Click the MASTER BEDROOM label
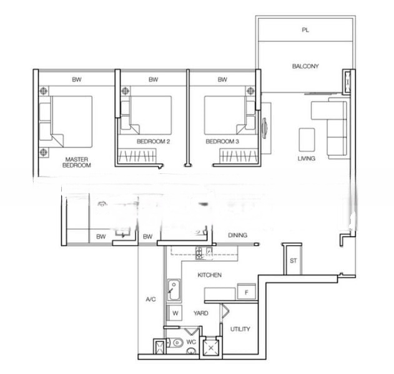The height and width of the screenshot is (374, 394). tap(77, 162)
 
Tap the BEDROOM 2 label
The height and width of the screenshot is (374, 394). tap(153, 141)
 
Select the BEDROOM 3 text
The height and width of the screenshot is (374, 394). tap(222, 141)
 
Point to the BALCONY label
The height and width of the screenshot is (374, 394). tap(305, 66)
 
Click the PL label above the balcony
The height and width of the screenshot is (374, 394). tap(305, 30)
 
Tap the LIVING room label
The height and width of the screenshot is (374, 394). tap(307, 158)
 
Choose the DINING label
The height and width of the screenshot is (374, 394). tap(237, 235)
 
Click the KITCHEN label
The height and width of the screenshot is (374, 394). tap(210, 275)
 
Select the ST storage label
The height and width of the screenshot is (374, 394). tap(293, 261)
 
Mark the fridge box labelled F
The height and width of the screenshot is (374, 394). tap(247, 292)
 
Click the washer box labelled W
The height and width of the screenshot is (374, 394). tap(175, 313)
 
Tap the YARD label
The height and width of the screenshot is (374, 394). tap(201, 313)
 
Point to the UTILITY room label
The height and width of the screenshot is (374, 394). tap(240, 329)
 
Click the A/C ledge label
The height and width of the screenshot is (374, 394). tap(150, 299)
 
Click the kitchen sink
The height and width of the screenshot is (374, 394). tap(174, 290)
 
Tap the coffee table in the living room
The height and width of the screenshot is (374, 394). tap(307, 140)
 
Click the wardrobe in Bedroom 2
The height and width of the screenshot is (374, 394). tap(137, 155)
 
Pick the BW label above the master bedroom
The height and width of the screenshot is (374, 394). tap(77, 80)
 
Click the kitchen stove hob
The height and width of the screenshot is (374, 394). tap(199, 253)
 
